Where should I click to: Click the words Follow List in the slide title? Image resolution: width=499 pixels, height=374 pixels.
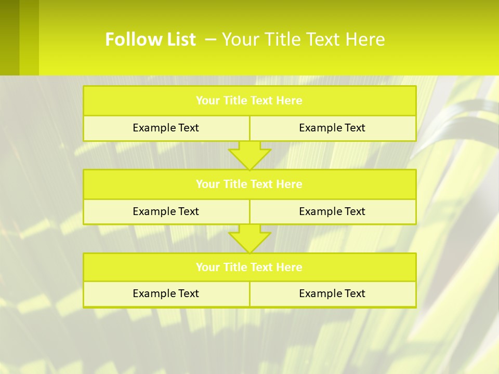pos(150,39)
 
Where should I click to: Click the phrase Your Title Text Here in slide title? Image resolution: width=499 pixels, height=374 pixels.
pos(304,39)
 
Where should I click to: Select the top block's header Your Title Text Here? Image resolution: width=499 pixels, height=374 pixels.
pos(249,101)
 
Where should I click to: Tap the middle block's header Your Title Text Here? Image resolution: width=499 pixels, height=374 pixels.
pos(249,184)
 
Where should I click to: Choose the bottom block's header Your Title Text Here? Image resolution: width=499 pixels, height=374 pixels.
pos(249,267)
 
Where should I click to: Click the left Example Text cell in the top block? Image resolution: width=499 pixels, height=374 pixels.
pos(166,128)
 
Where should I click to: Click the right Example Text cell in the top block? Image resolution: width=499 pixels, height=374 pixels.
pos(332,128)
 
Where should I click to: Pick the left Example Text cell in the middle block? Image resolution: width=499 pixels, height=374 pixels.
pos(166,211)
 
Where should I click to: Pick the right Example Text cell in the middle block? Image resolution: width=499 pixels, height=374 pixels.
pos(332,211)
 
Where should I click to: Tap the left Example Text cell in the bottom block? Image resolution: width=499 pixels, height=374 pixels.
pos(166,293)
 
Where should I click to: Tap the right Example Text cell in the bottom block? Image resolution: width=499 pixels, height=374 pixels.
pos(332,293)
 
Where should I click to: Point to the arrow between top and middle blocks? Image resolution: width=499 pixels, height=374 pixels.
pos(249,155)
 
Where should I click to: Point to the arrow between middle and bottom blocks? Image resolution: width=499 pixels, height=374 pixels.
pos(249,238)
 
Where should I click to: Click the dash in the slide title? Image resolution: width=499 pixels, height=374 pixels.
pos(211,39)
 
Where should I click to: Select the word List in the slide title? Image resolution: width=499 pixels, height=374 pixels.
pos(180,39)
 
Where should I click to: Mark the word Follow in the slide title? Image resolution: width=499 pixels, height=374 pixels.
pos(132,39)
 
